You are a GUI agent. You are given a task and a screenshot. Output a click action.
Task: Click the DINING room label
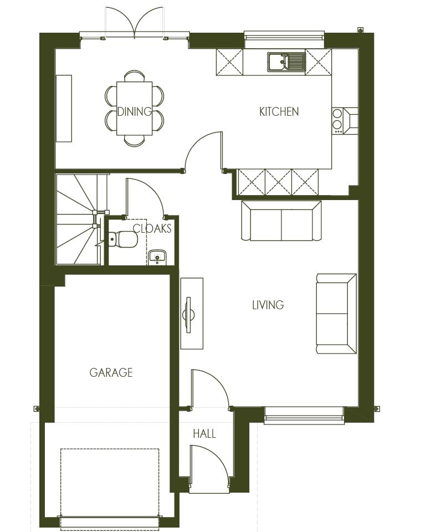134,111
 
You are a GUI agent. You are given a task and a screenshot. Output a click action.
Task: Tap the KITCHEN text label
279,111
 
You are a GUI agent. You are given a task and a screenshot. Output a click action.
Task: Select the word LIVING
268,305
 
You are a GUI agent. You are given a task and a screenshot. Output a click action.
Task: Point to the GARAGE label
111,372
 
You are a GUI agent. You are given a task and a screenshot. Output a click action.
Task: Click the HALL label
204,433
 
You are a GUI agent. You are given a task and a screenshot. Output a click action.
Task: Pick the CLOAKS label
152,228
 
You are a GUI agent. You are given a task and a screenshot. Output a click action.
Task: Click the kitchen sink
286,62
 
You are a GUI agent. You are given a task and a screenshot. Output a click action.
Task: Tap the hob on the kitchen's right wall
337,120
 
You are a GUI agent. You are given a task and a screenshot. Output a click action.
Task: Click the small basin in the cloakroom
158,257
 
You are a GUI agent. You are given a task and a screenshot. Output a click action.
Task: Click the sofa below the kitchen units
281,221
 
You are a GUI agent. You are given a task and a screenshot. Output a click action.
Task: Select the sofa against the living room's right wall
336,313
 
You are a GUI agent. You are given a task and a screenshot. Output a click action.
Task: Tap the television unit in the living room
192,314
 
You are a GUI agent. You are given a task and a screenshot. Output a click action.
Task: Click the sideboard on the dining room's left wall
64,108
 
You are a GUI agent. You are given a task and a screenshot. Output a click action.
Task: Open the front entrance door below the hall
209,468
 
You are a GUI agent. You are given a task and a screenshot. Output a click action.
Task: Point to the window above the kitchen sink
284,37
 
